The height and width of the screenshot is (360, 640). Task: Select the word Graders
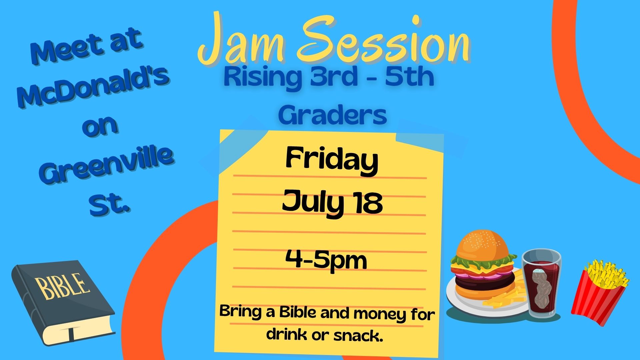pyautogui.click(x=332, y=115)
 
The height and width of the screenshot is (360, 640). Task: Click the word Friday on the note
pyautogui.click(x=332, y=162)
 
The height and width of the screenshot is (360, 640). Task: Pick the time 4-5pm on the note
pyautogui.click(x=326, y=261)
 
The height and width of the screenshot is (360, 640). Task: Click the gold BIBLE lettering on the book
pyautogui.click(x=63, y=286)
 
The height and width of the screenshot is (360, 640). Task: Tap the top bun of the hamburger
pyautogui.click(x=483, y=245)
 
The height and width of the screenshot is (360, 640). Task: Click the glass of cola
pyautogui.click(x=541, y=283)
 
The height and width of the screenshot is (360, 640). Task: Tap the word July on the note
pyautogui.click(x=313, y=203)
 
